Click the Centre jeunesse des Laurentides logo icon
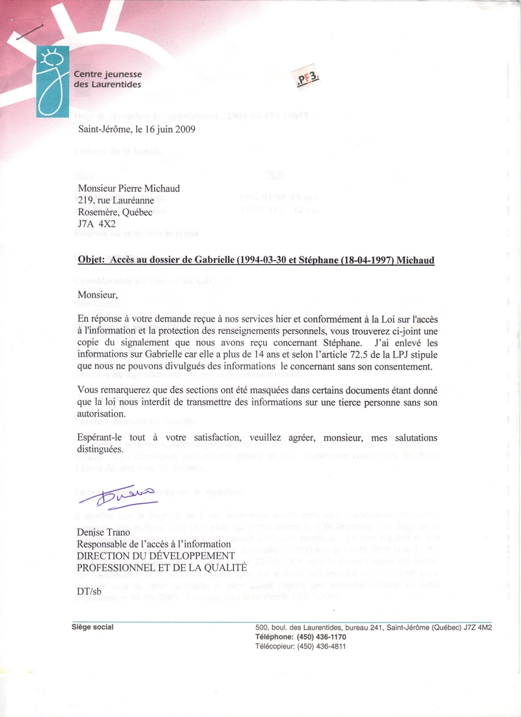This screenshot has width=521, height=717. (x=52, y=81)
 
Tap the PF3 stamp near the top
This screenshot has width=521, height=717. (x=310, y=80)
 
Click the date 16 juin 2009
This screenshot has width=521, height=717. (x=166, y=129)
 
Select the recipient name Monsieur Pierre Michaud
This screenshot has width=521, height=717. (x=128, y=189)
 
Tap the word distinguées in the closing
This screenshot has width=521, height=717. (x=100, y=449)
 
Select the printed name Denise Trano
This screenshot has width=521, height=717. (x=104, y=533)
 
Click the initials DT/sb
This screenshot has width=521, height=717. (x=91, y=591)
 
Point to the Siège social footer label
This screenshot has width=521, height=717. (x=92, y=628)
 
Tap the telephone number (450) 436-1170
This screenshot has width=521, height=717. (x=321, y=637)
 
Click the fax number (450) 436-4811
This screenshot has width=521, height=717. (x=321, y=647)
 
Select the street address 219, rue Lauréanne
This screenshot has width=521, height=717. (x=116, y=201)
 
